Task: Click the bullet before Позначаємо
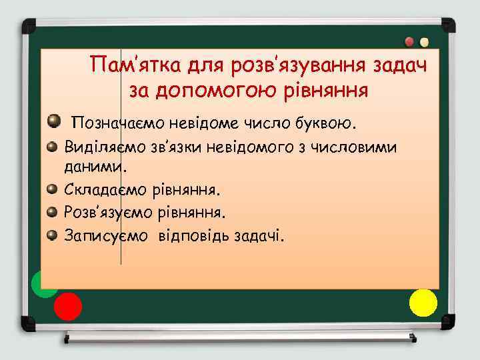click(x=55, y=122)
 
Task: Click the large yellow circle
click(x=423, y=302)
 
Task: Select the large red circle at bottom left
click(x=67, y=307)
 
